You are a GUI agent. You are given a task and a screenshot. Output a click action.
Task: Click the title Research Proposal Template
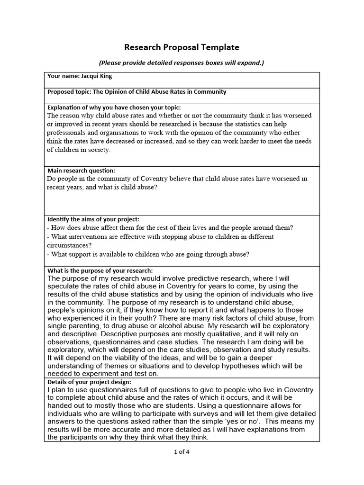coord(182,47)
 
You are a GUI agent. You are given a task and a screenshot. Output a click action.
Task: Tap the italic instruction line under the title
coord(182,63)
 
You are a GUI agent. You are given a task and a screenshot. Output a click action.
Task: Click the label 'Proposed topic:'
coord(67,92)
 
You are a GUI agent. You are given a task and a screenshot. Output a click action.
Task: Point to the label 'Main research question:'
coord(81,171)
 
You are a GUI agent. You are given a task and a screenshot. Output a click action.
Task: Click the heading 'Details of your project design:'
coord(89,382)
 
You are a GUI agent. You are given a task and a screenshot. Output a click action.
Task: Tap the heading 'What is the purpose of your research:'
coord(100,270)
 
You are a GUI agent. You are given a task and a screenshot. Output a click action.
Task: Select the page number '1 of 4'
coord(182,451)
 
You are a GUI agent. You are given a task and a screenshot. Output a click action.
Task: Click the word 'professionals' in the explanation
coord(66,133)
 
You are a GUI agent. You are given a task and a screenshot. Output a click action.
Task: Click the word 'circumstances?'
coord(69,245)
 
